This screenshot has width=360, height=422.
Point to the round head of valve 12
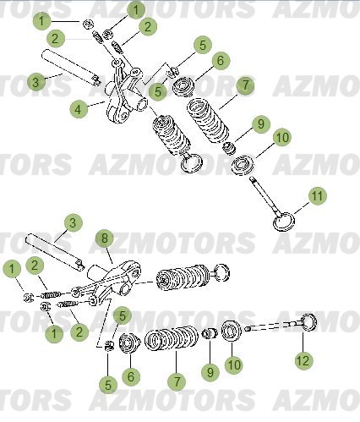[309, 322]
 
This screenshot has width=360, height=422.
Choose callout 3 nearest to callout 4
[35, 82]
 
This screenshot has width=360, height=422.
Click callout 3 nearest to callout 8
[73, 223]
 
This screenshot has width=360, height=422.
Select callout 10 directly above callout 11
[281, 137]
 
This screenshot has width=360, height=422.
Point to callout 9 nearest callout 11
[259, 123]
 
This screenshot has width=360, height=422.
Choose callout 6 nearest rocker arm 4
[220, 62]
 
